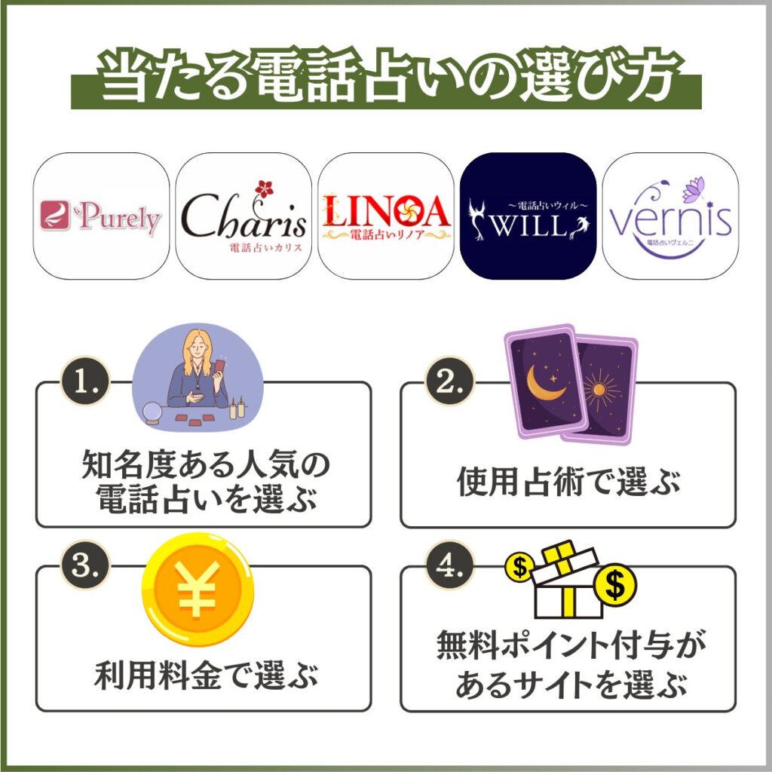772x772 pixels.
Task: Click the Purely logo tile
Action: [102, 216]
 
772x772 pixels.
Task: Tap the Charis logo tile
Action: [244, 216]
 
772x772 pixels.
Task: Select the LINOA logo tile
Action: [385, 216]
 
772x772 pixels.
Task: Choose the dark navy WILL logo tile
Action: [528, 216]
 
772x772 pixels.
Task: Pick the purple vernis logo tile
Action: [670, 216]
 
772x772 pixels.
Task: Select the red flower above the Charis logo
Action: [262, 188]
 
